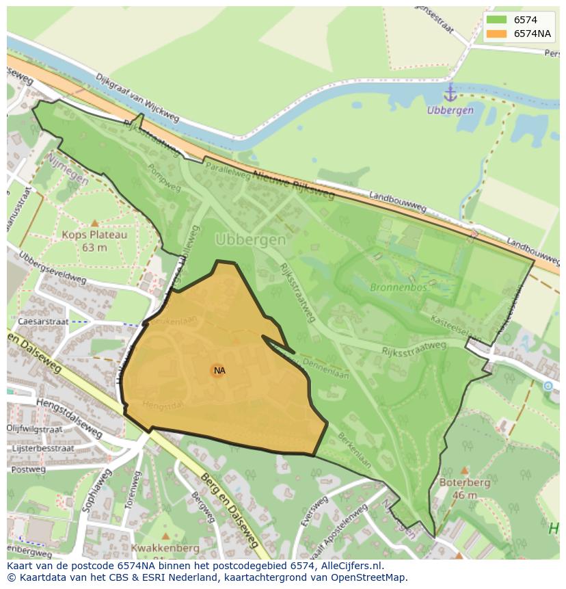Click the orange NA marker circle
click(x=217, y=371)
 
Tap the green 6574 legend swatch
click(x=497, y=21)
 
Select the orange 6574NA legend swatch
click(x=497, y=34)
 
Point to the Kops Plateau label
click(x=94, y=240)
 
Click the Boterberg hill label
click(x=465, y=488)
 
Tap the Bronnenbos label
click(x=399, y=287)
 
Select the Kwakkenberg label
click(x=165, y=548)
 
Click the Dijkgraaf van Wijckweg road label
click(x=137, y=97)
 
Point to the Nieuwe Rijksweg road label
click(x=292, y=185)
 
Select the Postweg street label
click(x=29, y=470)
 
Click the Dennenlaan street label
click(x=325, y=369)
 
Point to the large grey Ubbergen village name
click(x=250, y=239)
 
